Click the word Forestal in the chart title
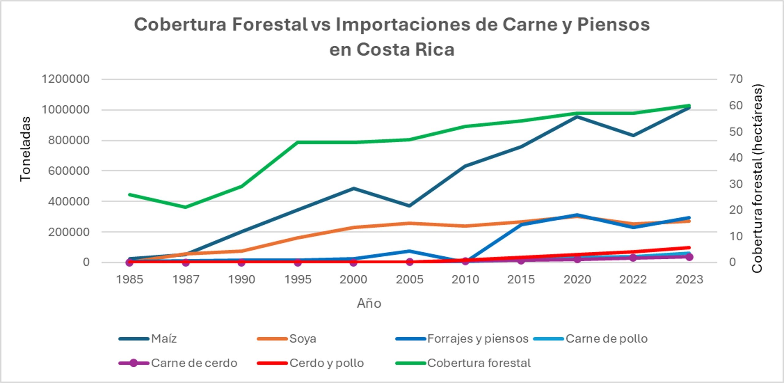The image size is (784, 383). coord(270,24)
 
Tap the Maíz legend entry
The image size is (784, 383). coord(148,339)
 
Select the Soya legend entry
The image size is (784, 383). coord(287,339)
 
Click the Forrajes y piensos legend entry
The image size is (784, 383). coord(462,339)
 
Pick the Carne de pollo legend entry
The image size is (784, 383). coord(590,339)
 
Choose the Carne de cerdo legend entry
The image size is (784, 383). coord(178,363)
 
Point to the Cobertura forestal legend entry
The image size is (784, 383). coord(463,363)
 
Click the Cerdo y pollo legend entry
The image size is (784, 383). coord(311,363)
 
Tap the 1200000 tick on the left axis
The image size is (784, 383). coord(66,79)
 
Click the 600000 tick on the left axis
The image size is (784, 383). coord(69,170)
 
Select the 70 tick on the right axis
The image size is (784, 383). coord(736,79)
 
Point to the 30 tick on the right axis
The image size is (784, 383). coord(736,184)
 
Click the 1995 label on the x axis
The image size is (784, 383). coord(298,279)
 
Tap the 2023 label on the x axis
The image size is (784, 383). coord(689,279)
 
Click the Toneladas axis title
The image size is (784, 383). coord(25,149)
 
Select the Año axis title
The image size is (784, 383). coord(369,303)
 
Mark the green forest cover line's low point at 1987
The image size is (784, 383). coord(186,207)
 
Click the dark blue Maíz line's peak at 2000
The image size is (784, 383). coord(354,188)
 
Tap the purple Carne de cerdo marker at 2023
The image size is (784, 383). coord(689,257)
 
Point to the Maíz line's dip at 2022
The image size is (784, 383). coord(633,135)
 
